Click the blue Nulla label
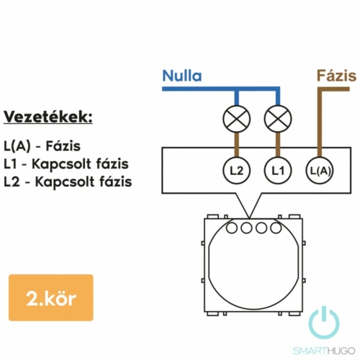(182, 76)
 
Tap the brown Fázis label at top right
(336, 76)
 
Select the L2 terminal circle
(237, 171)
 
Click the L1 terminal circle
(278, 171)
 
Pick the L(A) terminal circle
(320, 171)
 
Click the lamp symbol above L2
(237, 119)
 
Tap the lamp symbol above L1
(278, 119)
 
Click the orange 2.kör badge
(51, 297)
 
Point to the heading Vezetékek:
(48, 117)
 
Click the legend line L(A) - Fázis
(42, 146)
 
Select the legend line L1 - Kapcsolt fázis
(66, 164)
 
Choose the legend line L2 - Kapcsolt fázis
(68, 181)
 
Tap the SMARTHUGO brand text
(324, 351)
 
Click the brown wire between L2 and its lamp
(237, 145)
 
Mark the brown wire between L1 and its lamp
(278, 145)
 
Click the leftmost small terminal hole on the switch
(232, 228)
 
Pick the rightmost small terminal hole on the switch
(276, 228)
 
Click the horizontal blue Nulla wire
(221, 89)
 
